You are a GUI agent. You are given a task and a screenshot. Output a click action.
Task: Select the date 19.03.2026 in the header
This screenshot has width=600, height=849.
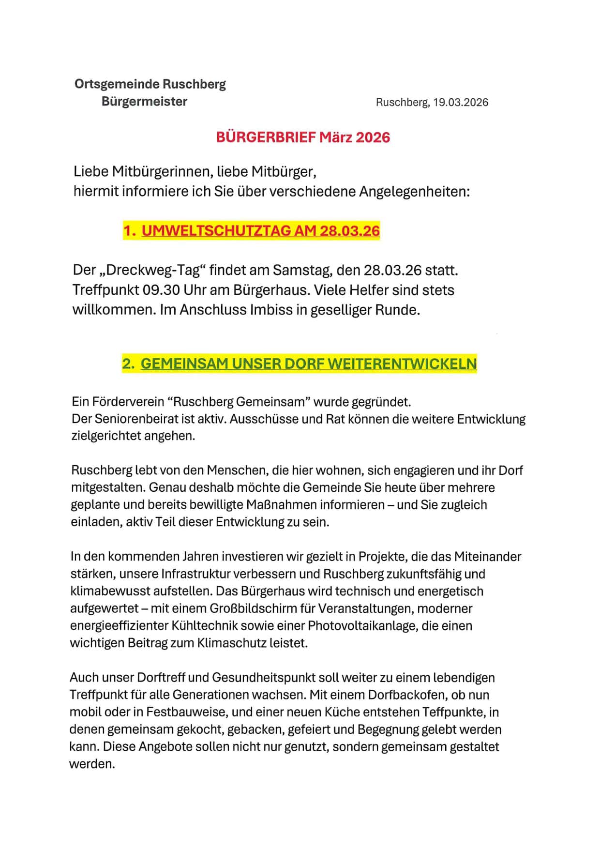click(x=461, y=103)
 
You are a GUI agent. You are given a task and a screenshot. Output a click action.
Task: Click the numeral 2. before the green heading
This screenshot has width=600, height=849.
click(x=128, y=364)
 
